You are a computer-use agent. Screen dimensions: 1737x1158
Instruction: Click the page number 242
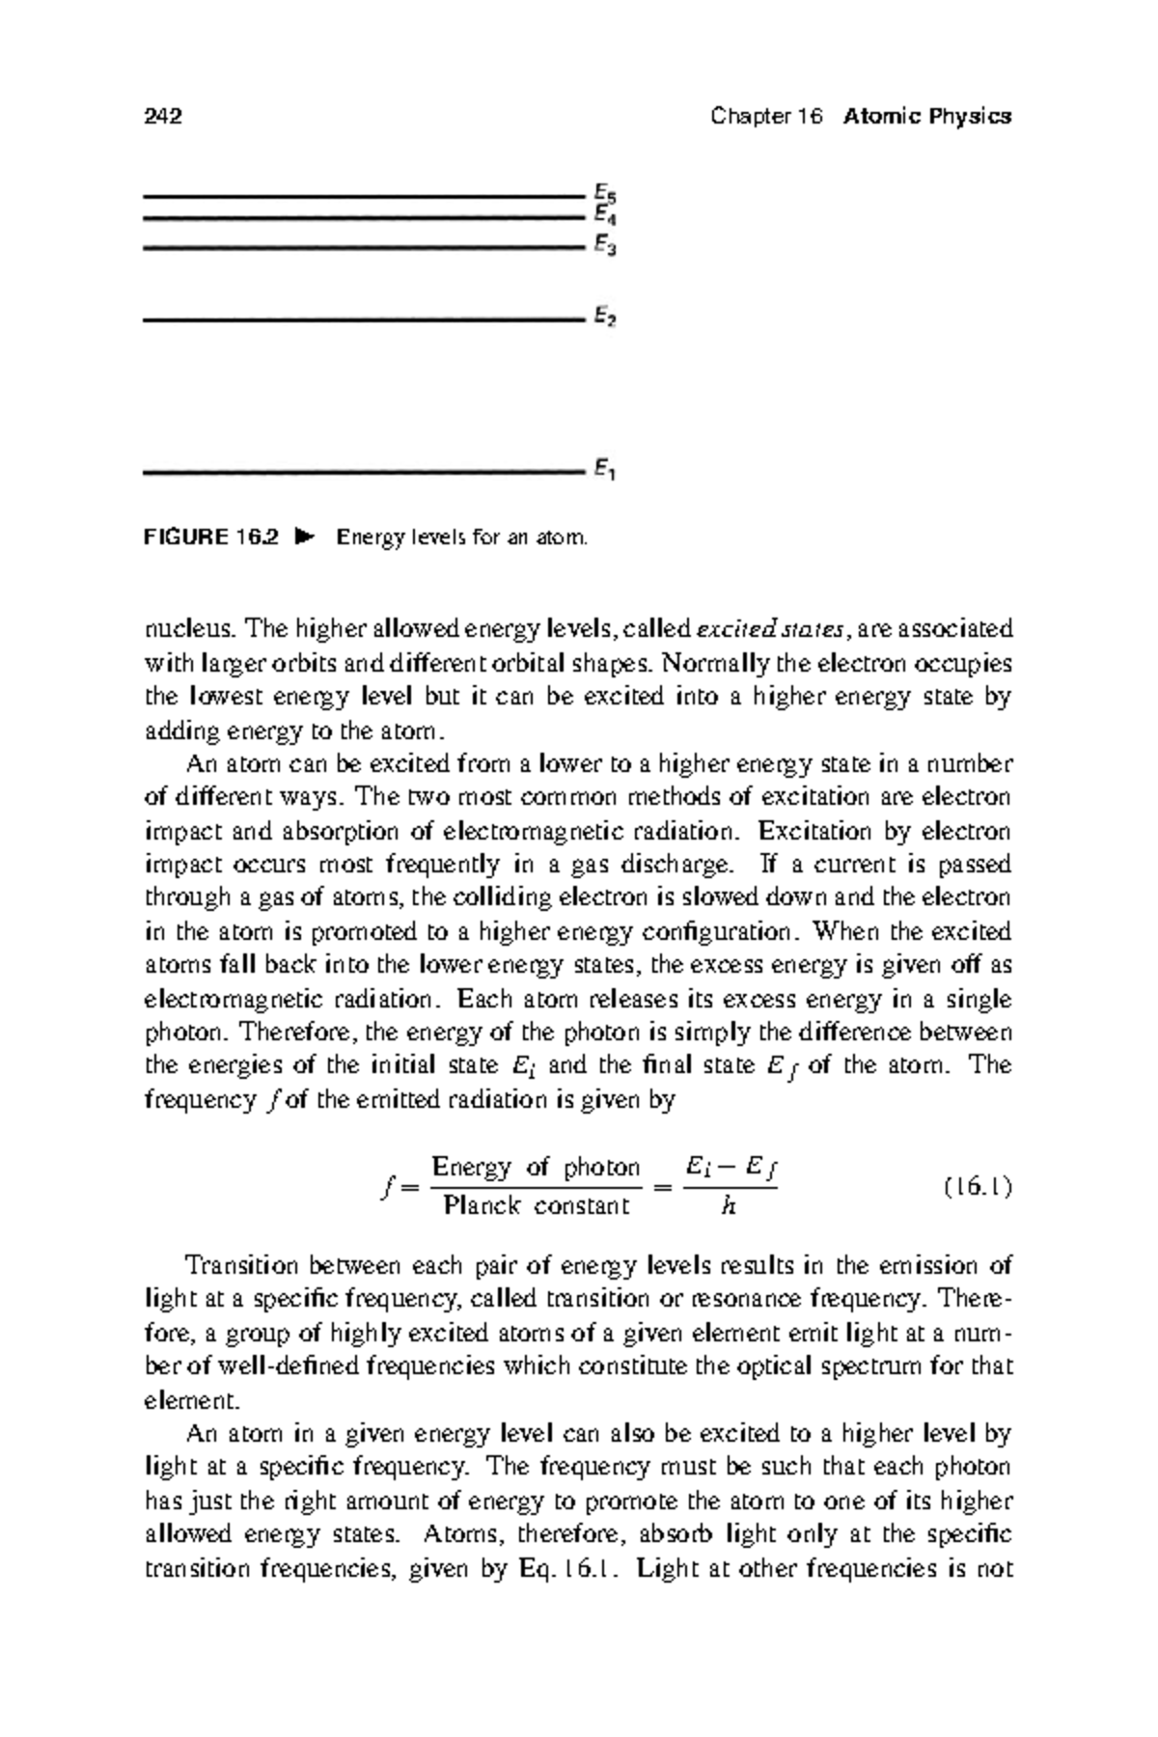163,117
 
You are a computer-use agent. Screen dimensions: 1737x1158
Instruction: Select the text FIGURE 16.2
210,537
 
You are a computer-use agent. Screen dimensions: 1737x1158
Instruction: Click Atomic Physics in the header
926,117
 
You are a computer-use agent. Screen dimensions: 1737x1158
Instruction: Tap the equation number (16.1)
978,1187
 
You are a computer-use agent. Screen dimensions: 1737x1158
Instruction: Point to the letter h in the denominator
729,1205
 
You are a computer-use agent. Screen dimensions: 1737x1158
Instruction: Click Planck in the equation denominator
481,1205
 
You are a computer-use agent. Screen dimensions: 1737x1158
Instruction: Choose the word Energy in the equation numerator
471,1168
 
